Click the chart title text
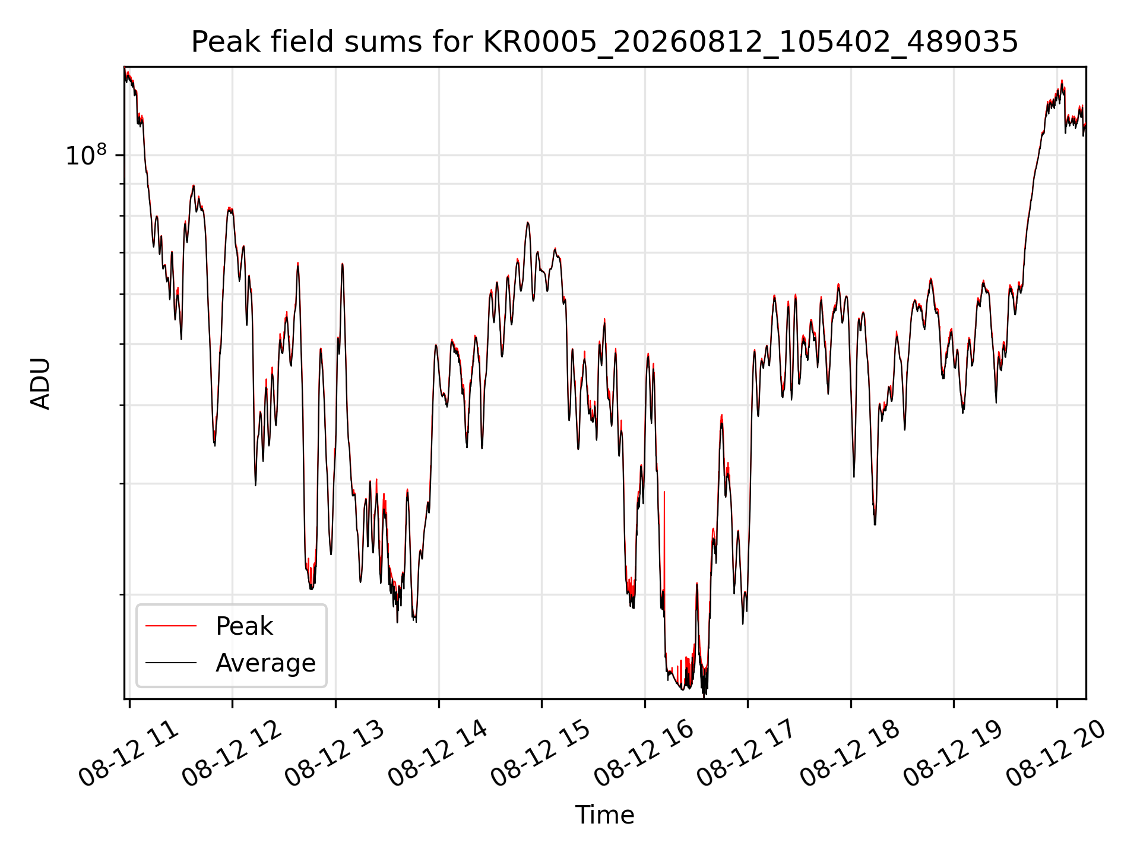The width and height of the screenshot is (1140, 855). coord(604,43)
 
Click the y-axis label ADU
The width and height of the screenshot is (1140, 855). coord(40,384)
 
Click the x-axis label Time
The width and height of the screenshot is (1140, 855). coord(604,815)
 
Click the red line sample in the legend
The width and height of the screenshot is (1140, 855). coord(171,626)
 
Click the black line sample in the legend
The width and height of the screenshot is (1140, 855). coord(171,663)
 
